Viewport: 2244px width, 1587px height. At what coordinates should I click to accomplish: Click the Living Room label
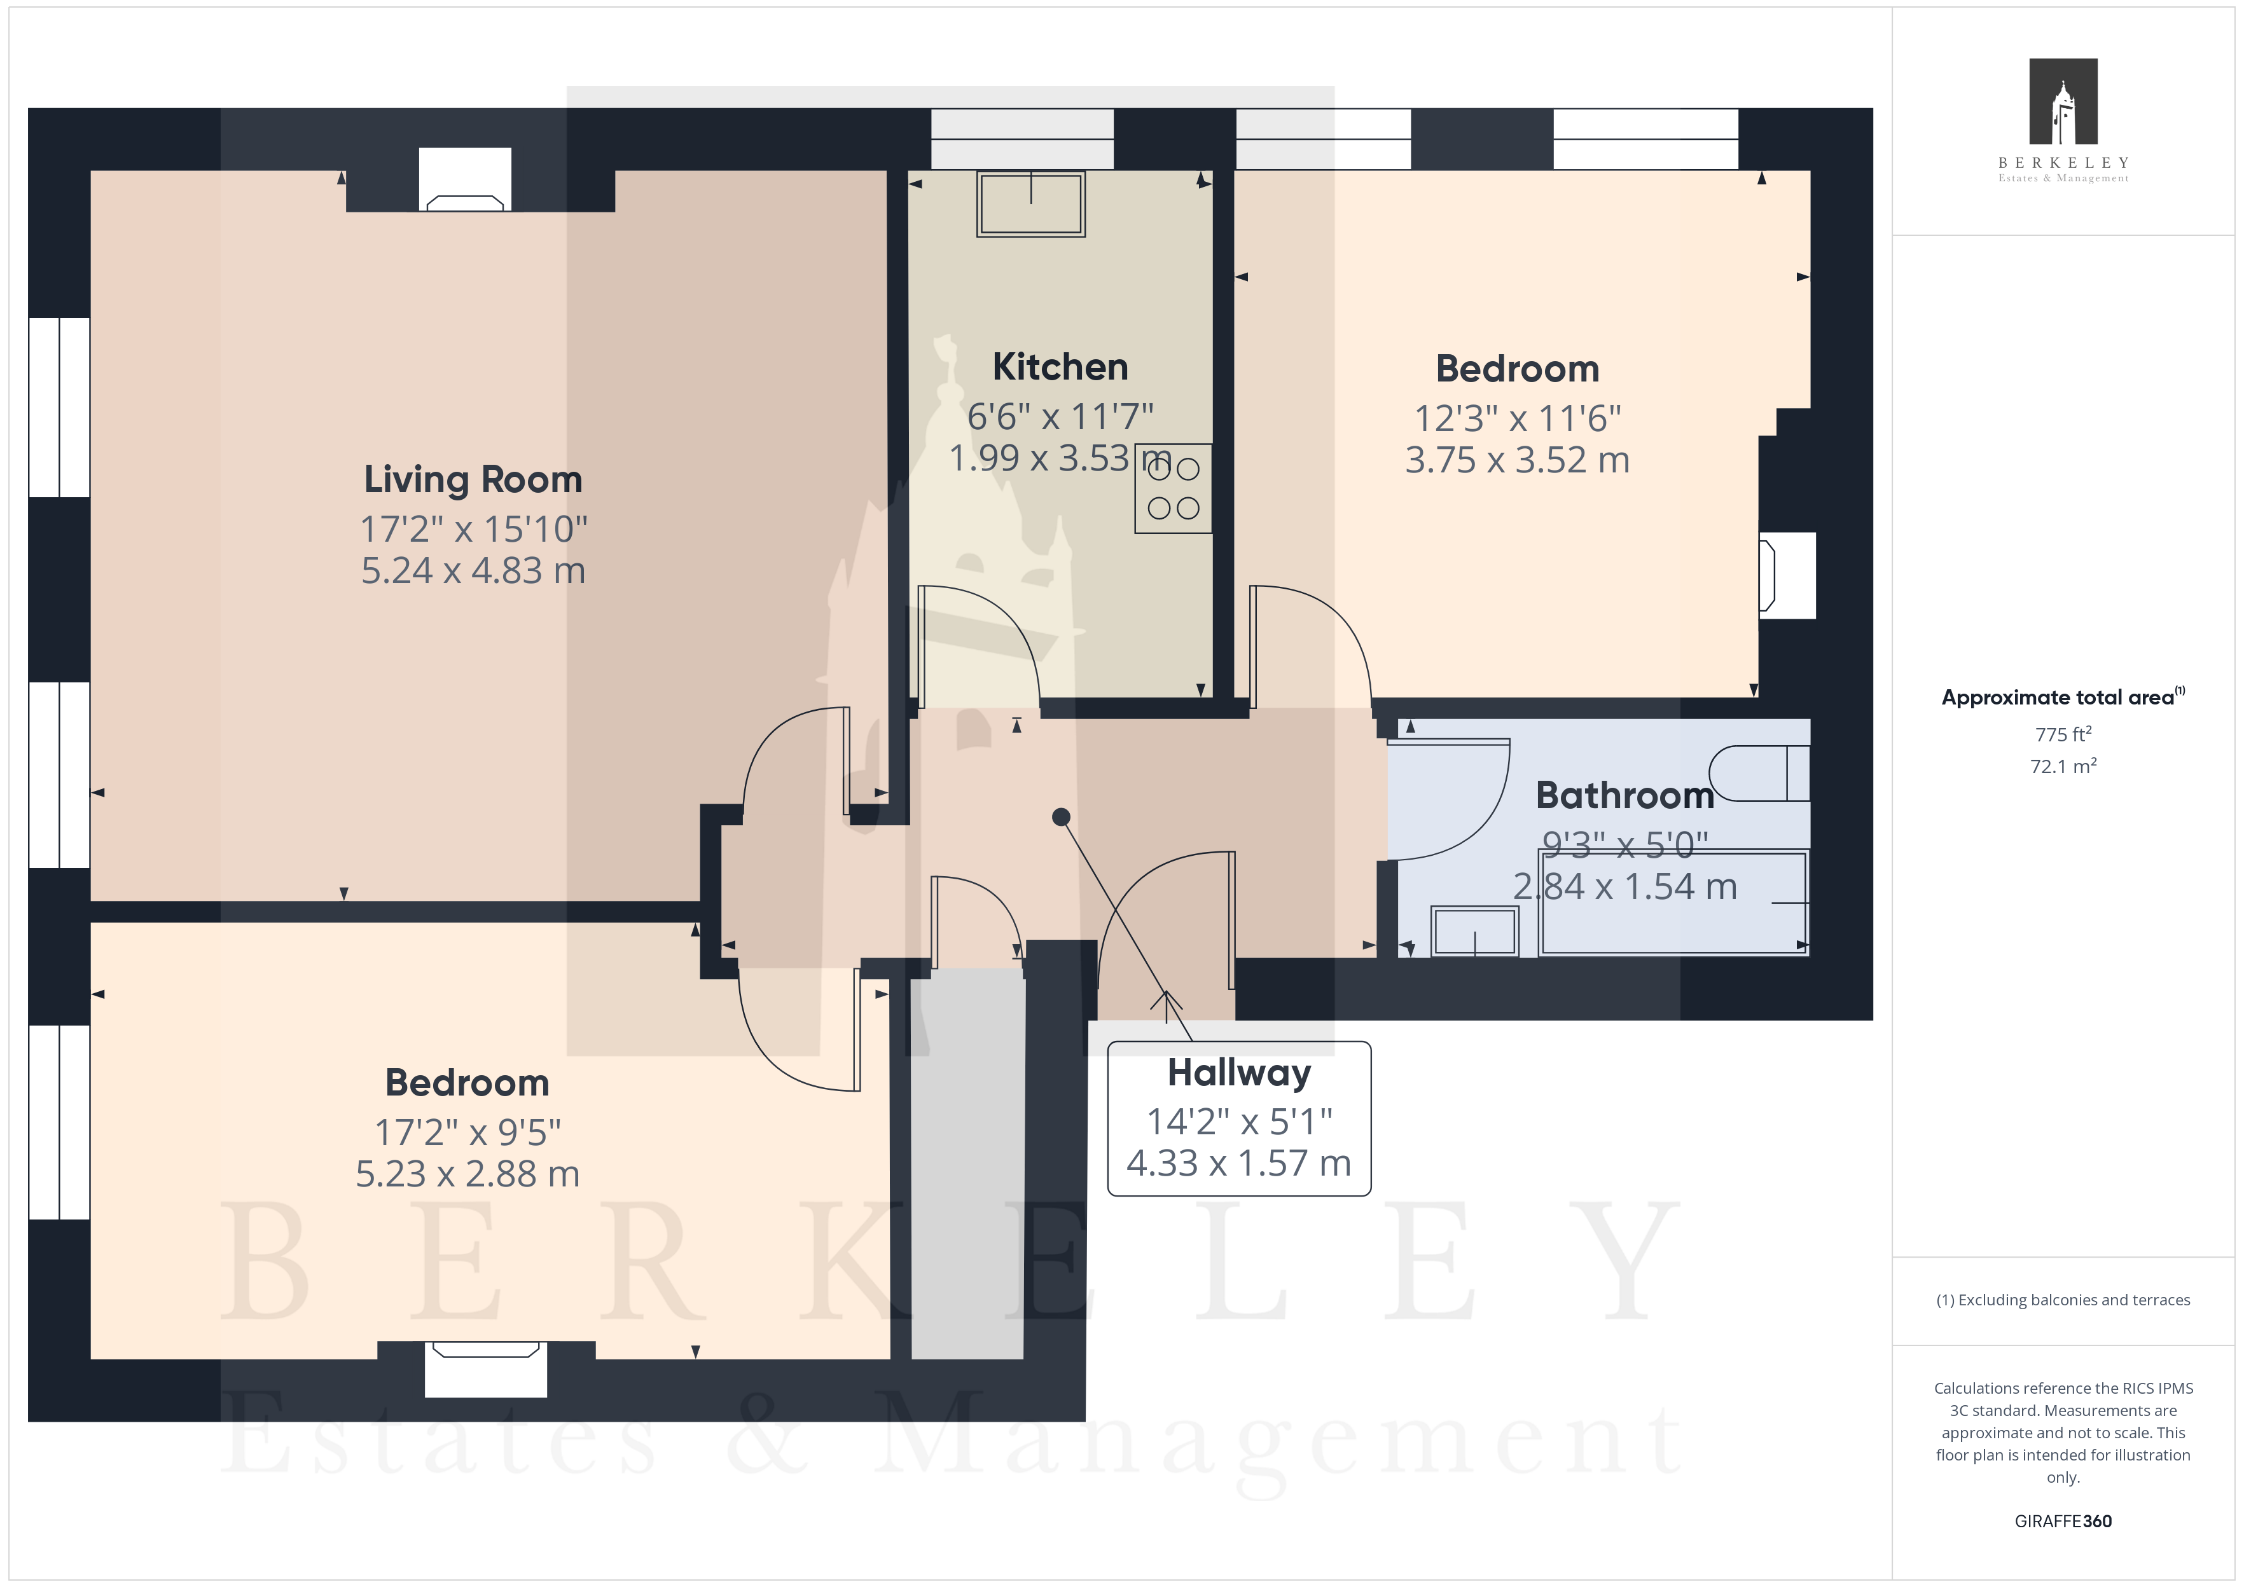coord(473,480)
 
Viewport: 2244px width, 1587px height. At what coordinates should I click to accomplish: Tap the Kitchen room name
coord(1060,366)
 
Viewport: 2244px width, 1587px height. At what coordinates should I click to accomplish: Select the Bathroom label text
coord(1624,795)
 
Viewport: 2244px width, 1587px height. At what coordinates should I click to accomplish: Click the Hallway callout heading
coord(1239,1073)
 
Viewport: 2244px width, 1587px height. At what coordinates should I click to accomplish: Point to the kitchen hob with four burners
coord(1173,488)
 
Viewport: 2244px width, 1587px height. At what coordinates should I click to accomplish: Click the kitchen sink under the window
coord(1031,204)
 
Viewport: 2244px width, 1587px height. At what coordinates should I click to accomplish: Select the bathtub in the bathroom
coord(1673,903)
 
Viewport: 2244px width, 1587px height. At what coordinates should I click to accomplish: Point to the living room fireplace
coord(465,180)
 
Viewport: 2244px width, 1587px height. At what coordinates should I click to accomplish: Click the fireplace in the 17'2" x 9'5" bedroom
coord(486,1368)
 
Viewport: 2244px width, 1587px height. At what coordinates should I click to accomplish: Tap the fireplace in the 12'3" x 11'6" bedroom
coord(1787,575)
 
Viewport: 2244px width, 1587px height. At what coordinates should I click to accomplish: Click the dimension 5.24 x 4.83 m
coord(473,571)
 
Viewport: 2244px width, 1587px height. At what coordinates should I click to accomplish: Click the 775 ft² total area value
coord(2063,734)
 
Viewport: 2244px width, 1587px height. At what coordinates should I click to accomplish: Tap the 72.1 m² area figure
coord(2063,766)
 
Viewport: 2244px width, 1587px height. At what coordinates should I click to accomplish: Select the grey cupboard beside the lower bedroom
coord(967,1164)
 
